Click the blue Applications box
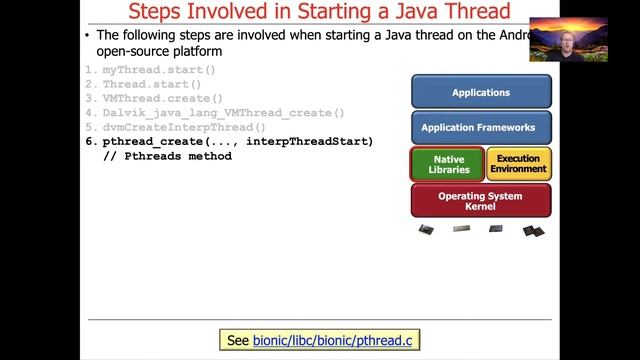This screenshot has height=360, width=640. coord(481,92)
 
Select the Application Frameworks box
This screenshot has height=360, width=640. coord(481,128)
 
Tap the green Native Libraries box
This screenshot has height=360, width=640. coord(447,164)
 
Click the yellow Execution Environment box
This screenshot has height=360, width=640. coord(518,164)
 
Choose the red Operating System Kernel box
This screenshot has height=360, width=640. coord(481,200)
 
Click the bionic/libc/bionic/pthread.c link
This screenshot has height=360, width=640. coord(332,341)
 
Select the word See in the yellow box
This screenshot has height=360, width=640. coord(238,341)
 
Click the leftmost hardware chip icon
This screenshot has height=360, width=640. coord(426,229)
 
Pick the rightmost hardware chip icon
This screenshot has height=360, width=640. coord(534,230)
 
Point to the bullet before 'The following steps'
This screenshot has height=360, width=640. coord(88,35)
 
